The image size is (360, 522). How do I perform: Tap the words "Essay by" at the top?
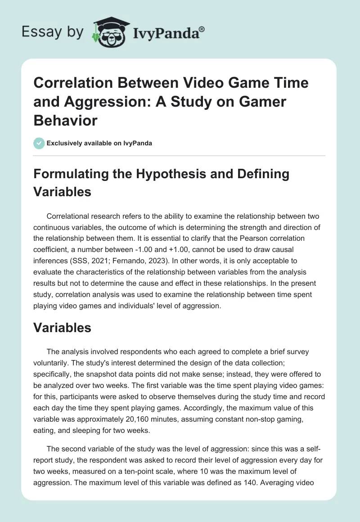coord(53,32)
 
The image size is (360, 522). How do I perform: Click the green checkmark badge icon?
coord(39,144)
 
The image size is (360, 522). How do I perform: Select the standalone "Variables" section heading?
coord(63,328)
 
